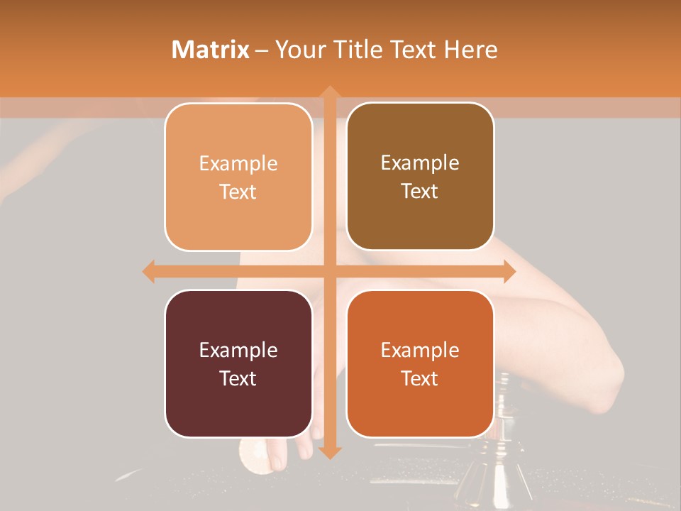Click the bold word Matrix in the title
pyautogui.click(x=211, y=50)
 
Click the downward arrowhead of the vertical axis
pyautogui.click(x=329, y=452)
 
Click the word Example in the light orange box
pyautogui.click(x=238, y=163)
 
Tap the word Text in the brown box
pyautogui.click(x=420, y=191)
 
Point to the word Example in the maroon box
pyautogui.click(x=238, y=350)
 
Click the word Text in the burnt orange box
pyautogui.click(x=420, y=378)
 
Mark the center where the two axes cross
pyautogui.click(x=329, y=271)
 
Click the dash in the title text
pyautogui.click(x=262, y=50)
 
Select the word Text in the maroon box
pyautogui.click(x=238, y=378)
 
